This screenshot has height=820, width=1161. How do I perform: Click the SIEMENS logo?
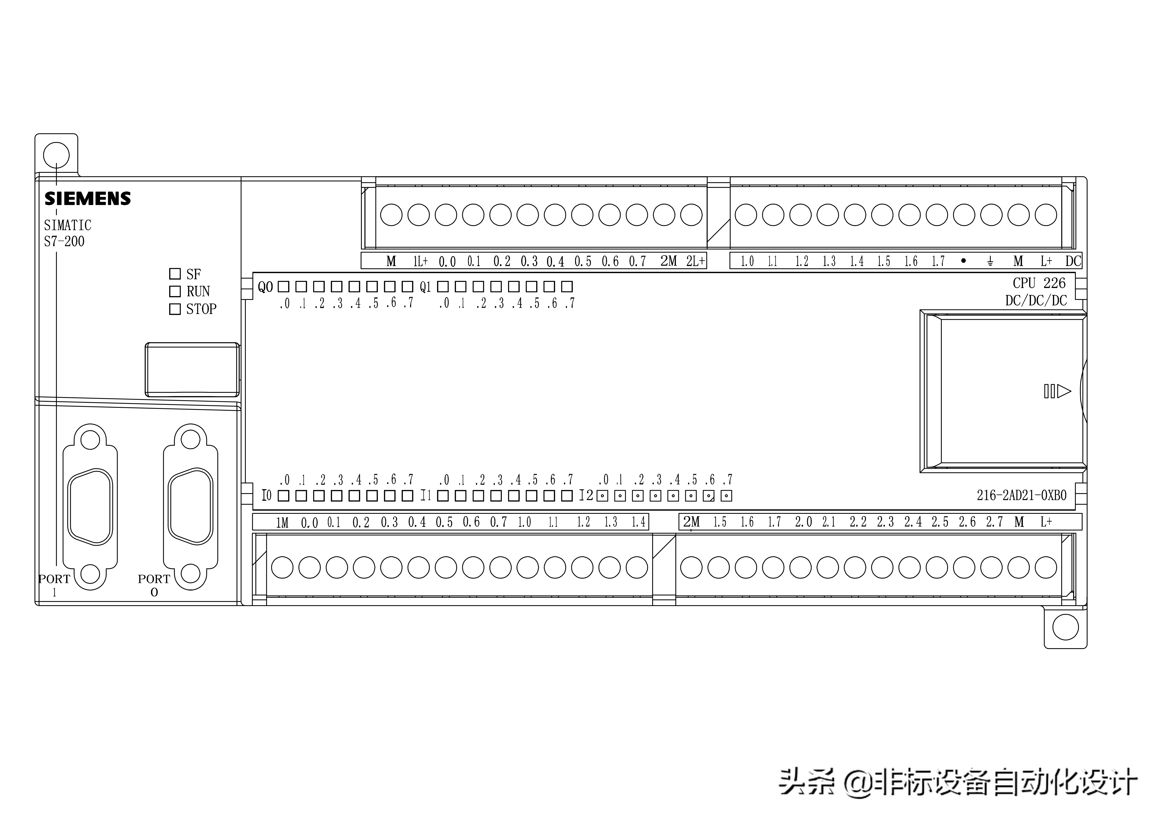pyautogui.click(x=88, y=199)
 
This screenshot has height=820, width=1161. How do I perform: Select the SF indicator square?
pyautogui.click(x=175, y=274)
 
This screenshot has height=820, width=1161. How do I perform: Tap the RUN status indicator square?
pyautogui.click(x=175, y=292)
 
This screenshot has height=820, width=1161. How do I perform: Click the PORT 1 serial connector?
pyautogui.click(x=90, y=507)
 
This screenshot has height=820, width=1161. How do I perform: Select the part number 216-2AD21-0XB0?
pyautogui.click(x=1021, y=495)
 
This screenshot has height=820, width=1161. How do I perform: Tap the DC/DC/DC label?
pyautogui.click(x=1036, y=301)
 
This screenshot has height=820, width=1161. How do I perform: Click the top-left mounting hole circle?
pyautogui.click(x=56, y=155)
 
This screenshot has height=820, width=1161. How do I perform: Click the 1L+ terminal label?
pyautogui.click(x=420, y=261)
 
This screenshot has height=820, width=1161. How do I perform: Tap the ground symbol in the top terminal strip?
pyautogui.click(x=990, y=261)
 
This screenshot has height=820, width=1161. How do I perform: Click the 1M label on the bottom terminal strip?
pyautogui.click(x=282, y=522)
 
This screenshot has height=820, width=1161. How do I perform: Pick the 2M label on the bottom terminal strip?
pyautogui.click(x=691, y=522)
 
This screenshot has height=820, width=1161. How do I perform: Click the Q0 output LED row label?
pyautogui.click(x=265, y=287)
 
